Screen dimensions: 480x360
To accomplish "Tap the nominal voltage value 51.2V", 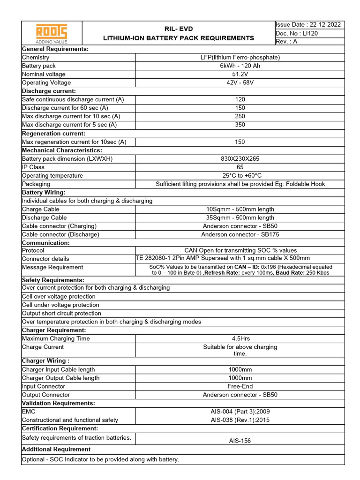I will tap(240, 74).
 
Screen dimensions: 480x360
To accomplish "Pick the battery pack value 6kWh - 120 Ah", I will tap(240, 66).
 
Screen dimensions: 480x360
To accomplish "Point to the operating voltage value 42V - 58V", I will tap(240, 82).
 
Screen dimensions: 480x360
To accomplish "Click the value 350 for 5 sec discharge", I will tap(240, 125).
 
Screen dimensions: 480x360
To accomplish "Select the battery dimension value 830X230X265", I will tap(240, 158).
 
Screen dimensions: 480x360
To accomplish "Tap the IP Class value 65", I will tap(240, 167).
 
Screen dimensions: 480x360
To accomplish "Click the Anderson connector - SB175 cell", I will tap(240, 234).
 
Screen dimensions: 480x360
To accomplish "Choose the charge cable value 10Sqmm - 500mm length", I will tap(240, 209).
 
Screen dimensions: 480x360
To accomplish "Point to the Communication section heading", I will tap(46, 243).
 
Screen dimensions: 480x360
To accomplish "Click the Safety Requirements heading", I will tap(53, 280).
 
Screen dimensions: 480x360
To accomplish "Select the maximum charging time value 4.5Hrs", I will tap(240, 338).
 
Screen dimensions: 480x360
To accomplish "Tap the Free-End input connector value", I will tap(240, 386).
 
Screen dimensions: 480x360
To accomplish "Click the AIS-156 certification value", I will tap(240, 441).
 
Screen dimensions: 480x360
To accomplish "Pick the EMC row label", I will tap(29, 412).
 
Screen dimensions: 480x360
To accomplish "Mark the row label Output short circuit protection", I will tap(61, 313).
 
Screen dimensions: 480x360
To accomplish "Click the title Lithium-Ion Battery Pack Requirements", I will tap(179, 38).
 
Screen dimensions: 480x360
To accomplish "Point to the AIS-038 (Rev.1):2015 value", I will tap(240, 420).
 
